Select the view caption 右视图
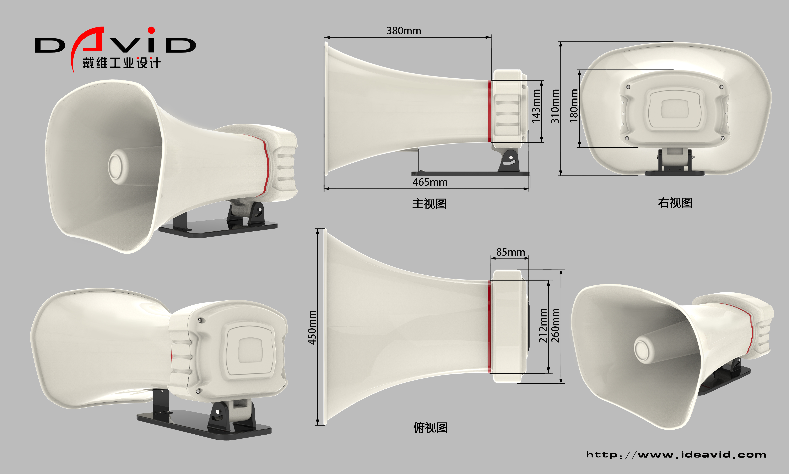(675, 203)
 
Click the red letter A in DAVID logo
(93, 40)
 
